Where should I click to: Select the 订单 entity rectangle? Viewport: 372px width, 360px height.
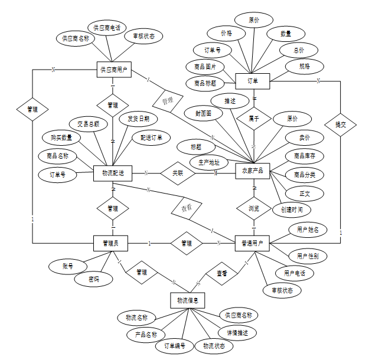tap(252, 80)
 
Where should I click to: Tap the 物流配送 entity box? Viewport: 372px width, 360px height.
tap(112, 173)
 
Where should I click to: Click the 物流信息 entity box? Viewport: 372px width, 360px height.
tap(188, 300)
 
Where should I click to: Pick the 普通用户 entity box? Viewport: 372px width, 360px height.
tap(253, 243)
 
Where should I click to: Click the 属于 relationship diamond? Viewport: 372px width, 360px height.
tap(254, 118)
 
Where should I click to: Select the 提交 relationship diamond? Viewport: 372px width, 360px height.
tap(341, 125)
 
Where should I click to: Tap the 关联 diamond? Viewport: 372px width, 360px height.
tap(178, 173)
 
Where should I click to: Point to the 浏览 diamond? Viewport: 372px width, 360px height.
tap(254, 208)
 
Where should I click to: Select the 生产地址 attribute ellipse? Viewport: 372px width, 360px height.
tap(208, 162)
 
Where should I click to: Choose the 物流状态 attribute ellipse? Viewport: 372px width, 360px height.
tap(214, 346)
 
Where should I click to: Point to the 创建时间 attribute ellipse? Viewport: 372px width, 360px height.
tap(292, 210)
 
